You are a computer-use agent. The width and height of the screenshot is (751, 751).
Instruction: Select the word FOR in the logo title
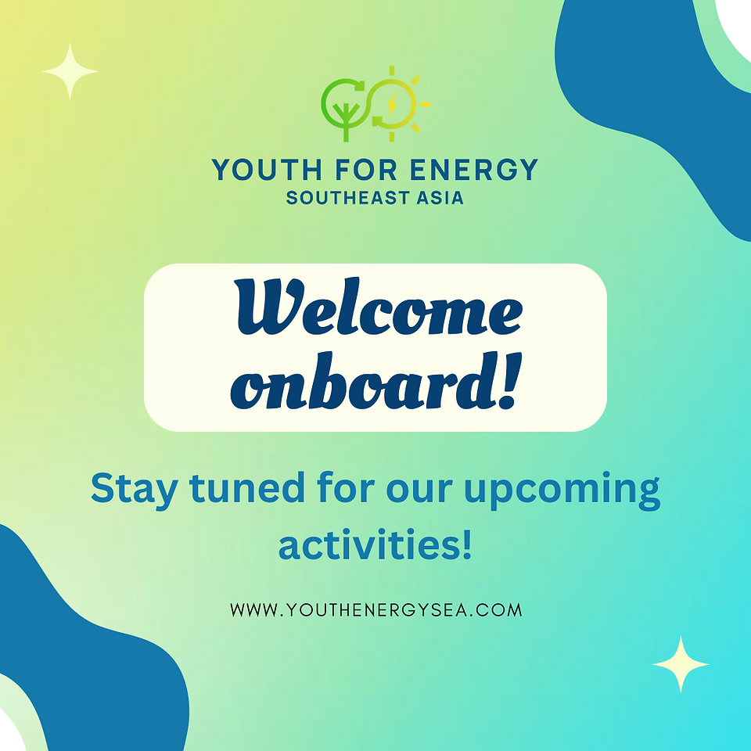pos(366,170)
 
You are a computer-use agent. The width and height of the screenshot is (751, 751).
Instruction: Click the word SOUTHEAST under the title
pos(347,198)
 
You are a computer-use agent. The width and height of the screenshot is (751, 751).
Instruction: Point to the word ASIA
pos(440,198)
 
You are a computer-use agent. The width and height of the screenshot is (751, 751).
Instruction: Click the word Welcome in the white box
pos(379,307)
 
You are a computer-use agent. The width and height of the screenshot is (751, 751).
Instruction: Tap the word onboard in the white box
pos(361,382)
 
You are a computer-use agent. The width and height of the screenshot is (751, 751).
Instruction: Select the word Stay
pos(135,489)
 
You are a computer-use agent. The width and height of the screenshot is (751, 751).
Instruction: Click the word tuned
pos(247,487)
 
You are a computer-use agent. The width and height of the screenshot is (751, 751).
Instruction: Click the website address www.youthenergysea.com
pos(376,609)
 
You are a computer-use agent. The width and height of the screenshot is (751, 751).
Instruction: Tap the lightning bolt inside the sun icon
pos(392,104)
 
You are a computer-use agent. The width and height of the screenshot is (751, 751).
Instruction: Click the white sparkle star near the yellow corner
pos(70,71)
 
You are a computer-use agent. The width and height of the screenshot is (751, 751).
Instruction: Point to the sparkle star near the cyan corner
pos(681,664)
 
